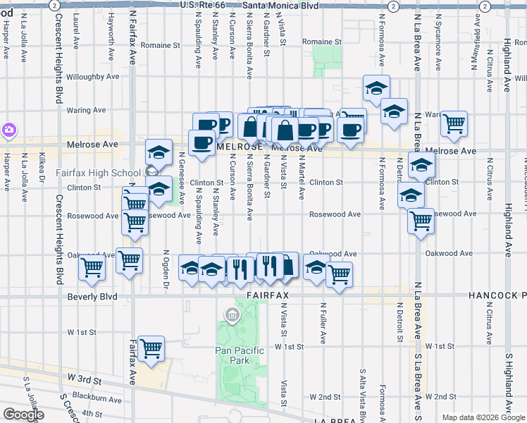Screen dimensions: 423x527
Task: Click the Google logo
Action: pos(23,415)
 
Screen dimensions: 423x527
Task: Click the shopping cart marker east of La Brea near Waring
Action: pos(454,123)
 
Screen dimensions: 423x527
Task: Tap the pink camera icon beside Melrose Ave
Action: pos(8,130)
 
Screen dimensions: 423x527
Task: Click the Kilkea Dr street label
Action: pos(42,180)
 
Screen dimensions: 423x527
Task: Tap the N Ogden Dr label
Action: pos(167,269)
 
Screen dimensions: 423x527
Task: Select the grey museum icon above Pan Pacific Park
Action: pos(231,314)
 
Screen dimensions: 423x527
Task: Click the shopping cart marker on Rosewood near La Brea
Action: pos(421,220)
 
